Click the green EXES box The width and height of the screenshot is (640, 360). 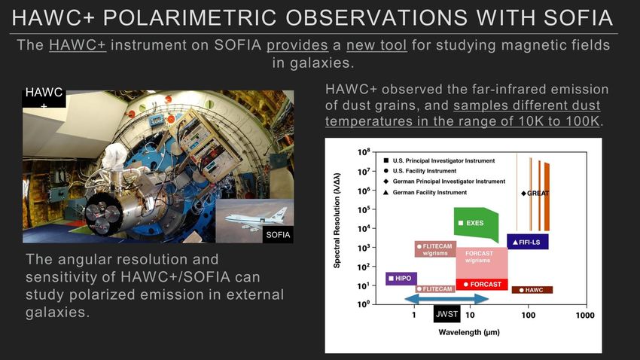click(476, 224)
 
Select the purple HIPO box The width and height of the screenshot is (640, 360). click(401, 279)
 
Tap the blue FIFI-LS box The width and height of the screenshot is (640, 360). click(527, 242)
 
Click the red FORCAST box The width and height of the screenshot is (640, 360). click(482, 284)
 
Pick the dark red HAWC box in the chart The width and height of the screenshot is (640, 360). click(532, 290)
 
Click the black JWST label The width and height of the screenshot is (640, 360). click(447, 314)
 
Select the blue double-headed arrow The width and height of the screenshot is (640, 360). click(447, 299)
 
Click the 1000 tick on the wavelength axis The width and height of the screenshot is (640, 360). click(584, 315)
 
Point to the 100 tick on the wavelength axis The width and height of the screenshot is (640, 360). click(528, 315)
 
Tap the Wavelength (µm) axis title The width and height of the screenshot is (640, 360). click(469, 332)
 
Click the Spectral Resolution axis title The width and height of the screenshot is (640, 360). click(337, 221)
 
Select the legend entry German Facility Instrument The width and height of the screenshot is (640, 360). click(425, 192)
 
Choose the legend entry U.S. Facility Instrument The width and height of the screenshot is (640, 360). click(420, 171)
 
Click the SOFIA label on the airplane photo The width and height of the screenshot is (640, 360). click(278, 235)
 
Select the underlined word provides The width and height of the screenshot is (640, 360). click(297, 45)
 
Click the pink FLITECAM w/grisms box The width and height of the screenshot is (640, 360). click(435, 249)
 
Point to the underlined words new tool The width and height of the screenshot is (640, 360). click(376, 45)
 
